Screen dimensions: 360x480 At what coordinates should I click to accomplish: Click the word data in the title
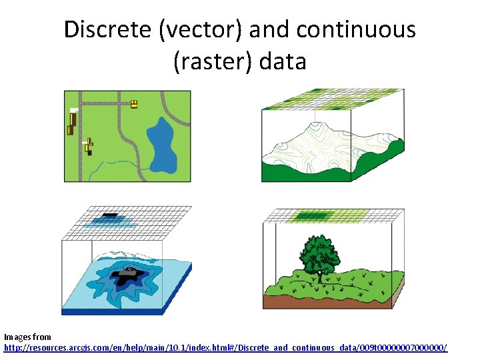[x=281, y=61]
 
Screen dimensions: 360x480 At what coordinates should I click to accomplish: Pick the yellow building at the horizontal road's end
[x=134, y=103]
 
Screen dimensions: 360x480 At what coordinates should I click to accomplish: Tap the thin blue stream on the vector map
[x=113, y=163]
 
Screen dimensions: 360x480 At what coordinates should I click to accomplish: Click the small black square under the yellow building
[x=89, y=153]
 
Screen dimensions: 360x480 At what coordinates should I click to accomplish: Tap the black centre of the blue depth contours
[x=126, y=274]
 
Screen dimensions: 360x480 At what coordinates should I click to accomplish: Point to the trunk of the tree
[x=319, y=275]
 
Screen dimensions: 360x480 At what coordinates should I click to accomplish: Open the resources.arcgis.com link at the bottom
[x=226, y=348]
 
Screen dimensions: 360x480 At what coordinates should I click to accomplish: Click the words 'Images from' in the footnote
[x=27, y=337]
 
